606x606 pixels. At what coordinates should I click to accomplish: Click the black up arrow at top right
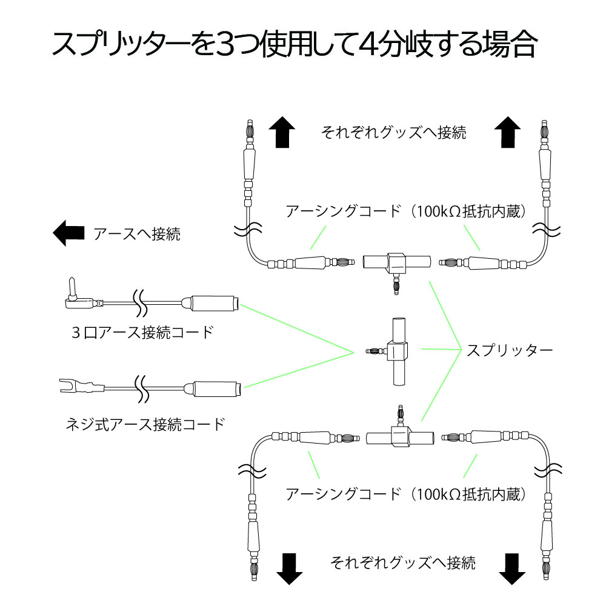[507, 132]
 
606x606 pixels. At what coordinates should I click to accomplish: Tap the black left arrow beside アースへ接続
[68, 233]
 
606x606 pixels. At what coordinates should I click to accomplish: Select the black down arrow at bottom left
[289, 567]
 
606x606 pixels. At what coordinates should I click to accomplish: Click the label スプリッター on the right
[509, 351]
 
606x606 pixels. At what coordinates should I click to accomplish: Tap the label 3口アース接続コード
[142, 332]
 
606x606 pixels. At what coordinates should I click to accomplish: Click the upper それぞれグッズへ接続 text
[394, 133]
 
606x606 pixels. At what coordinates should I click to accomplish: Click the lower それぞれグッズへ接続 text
[402, 562]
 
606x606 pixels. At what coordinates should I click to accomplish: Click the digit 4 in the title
[369, 44]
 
